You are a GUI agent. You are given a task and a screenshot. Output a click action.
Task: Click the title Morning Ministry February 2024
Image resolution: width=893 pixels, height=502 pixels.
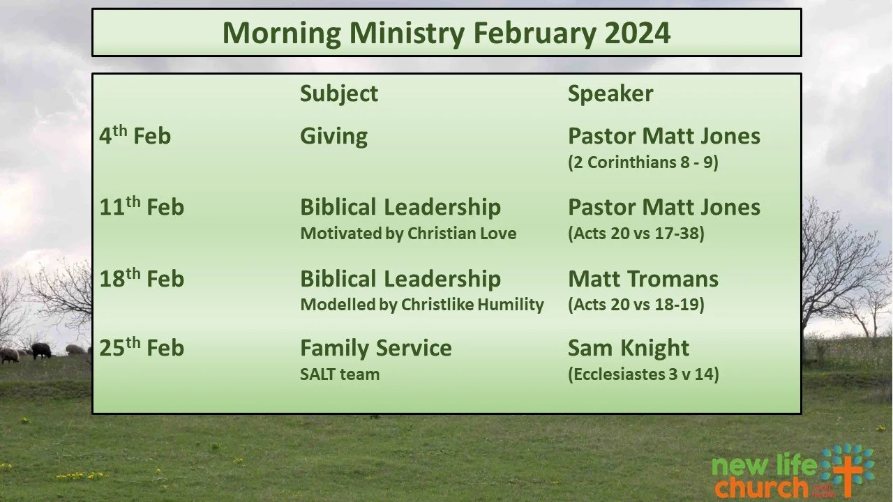point(446,33)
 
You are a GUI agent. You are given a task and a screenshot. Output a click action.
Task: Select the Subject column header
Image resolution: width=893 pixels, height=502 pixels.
point(339,93)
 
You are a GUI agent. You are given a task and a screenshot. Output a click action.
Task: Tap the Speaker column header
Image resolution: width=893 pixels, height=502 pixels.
point(610,93)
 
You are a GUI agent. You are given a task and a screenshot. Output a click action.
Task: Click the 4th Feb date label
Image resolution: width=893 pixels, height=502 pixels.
point(135,135)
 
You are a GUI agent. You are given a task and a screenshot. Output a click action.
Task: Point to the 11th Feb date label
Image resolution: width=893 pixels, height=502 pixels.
point(142,207)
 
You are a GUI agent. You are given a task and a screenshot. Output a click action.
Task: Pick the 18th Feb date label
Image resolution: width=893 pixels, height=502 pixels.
point(142,279)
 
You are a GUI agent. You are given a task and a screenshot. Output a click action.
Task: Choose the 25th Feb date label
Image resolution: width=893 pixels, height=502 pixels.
point(142,348)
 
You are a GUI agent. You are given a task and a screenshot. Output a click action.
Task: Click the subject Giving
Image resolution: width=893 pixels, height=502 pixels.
point(333,136)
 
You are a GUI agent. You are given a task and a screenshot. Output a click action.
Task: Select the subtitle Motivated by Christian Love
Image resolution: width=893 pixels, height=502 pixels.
point(408,234)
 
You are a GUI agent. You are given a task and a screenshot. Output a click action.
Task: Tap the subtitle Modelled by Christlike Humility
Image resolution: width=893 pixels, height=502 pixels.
point(421,305)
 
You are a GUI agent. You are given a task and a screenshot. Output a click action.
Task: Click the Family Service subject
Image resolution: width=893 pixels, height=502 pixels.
point(375,348)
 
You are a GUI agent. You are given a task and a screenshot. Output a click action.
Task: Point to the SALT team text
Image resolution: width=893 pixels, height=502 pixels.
point(340,374)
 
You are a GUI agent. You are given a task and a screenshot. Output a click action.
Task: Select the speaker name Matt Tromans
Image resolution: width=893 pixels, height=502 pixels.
point(643,279)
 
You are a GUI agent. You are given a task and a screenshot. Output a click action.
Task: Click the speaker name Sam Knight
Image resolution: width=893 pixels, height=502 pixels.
point(629,348)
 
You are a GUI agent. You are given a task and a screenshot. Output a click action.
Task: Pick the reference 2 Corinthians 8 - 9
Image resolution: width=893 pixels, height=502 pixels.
point(643,162)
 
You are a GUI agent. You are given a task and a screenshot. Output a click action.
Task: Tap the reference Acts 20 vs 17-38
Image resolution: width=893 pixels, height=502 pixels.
point(636,234)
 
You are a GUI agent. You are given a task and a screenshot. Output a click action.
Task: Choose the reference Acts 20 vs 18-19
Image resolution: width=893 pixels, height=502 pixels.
point(636,305)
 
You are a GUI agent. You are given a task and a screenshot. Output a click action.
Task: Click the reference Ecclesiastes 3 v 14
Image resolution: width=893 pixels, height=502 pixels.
point(643,374)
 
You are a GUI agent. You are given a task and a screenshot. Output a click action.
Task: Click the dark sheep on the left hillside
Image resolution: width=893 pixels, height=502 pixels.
point(40,350)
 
